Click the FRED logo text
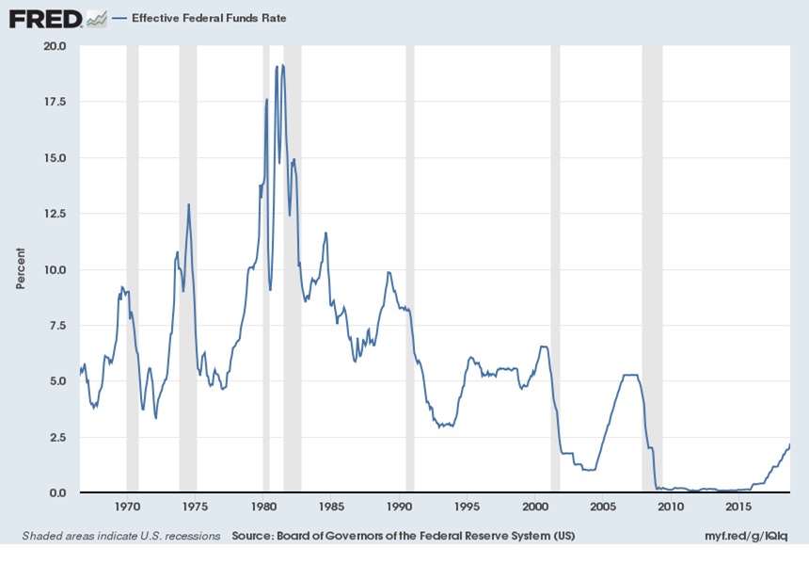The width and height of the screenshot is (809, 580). (44, 18)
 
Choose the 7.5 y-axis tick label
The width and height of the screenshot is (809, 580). (56, 326)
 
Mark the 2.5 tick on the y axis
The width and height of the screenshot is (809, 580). (56, 438)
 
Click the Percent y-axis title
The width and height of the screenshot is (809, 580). (21, 268)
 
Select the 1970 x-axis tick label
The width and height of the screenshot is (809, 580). (128, 507)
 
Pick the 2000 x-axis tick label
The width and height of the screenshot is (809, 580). (534, 507)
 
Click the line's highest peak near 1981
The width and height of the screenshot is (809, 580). (283, 65)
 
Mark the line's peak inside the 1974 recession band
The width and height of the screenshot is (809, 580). (188, 204)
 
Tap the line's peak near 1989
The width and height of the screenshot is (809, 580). (388, 272)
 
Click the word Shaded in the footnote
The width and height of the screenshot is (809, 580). (41, 536)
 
